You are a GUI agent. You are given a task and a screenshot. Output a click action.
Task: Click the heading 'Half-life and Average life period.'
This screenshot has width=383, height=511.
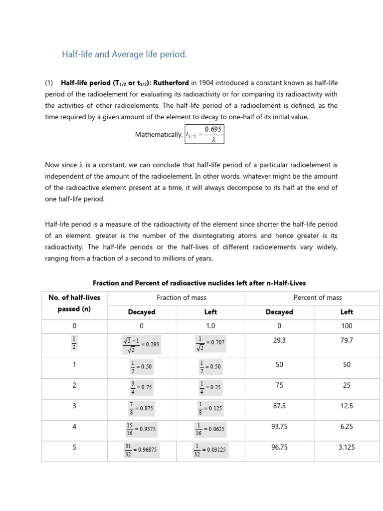[124, 54]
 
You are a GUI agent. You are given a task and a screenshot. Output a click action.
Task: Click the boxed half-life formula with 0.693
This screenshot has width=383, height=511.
[204, 134]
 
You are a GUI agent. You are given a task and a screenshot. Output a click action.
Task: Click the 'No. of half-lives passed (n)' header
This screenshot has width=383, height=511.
[74, 303]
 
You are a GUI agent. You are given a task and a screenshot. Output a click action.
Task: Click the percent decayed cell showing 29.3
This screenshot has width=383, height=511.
[279, 339]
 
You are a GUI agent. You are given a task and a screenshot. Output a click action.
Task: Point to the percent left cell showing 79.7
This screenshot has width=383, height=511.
[347, 339]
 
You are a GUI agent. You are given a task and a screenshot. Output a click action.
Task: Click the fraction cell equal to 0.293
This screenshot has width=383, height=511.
[142, 343]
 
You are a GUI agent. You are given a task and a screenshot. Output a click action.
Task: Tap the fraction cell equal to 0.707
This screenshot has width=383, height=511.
[210, 342]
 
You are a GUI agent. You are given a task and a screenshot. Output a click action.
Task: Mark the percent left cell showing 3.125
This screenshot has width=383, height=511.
[347, 447]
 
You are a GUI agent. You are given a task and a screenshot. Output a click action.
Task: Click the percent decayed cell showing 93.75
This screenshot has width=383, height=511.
[279, 427]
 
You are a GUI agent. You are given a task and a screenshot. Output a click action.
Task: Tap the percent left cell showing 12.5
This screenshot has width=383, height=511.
[347, 406]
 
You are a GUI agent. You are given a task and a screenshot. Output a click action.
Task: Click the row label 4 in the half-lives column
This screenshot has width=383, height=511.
[74, 427]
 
